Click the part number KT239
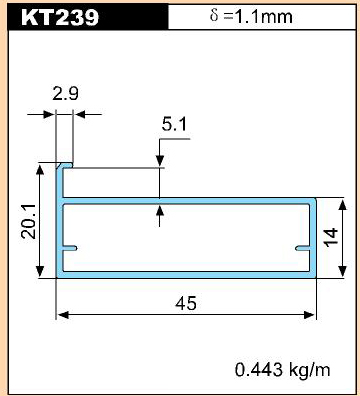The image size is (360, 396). coord(60,17)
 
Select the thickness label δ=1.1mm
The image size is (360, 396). coord(251,16)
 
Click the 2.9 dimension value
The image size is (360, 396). coord(66,93)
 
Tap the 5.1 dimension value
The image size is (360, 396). coord(174,124)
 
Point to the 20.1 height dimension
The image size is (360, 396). coord(29,221)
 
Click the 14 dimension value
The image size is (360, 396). coord(331,237)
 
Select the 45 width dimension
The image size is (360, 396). coord(186,303)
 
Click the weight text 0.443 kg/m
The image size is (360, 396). coord(283,370)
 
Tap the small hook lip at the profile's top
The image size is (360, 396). coord(65,165)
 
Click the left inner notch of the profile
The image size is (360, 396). coord(70,248)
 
